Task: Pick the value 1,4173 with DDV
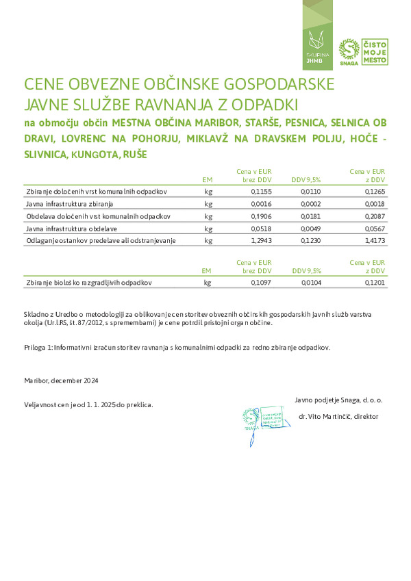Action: tap(374, 241)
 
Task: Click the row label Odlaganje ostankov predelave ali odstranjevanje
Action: tap(101, 241)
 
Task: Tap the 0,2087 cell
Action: tap(374, 216)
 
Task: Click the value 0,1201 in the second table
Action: tap(374, 282)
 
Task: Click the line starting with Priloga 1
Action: tap(177, 347)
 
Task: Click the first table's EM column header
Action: tap(208, 179)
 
